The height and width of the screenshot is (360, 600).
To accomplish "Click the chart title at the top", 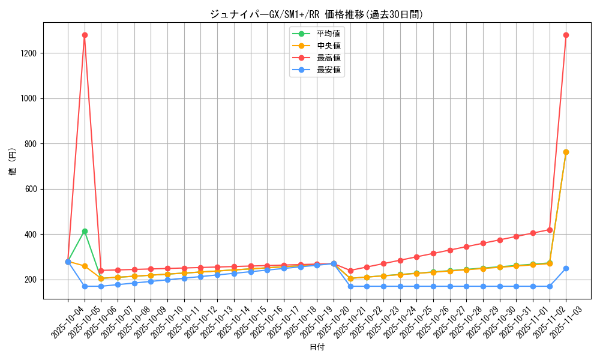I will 317,14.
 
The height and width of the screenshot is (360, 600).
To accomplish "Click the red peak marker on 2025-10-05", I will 85,35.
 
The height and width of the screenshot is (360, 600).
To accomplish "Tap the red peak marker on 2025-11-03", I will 566,35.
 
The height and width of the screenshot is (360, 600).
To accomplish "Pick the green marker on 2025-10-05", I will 85,231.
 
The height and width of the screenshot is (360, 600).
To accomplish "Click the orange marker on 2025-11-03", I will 566,152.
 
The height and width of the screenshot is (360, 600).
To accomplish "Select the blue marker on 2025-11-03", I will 566,268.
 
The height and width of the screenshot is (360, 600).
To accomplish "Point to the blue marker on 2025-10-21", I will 350,286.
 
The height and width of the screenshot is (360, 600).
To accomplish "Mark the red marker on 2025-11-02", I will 550,230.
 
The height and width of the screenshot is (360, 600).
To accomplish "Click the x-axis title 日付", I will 317,347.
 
